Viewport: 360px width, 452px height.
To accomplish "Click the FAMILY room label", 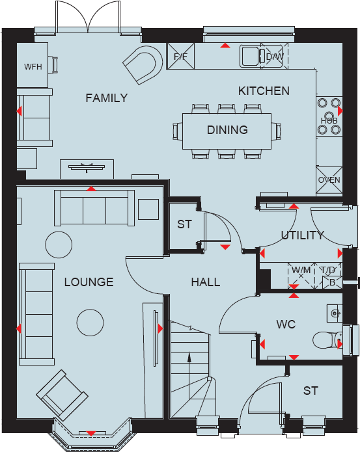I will (107, 98).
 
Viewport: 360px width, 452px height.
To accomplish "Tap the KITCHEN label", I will (264, 91).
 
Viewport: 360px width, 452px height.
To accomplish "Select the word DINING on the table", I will (227, 129).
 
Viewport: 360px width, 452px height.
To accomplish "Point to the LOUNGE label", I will (89, 282).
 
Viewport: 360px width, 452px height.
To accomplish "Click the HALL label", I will (205, 282).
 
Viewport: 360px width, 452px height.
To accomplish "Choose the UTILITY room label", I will (302, 235).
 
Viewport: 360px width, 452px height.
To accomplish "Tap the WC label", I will (286, 324).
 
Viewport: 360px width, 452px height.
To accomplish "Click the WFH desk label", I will (33, 67).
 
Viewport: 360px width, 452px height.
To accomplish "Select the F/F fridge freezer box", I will (180, 56).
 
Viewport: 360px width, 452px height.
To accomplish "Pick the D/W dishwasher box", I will (273, 57).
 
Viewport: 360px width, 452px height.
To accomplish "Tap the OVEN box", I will (329, 180).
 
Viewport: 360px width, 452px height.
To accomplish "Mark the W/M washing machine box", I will (301, 270).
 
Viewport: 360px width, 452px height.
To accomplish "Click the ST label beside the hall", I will (184, 225).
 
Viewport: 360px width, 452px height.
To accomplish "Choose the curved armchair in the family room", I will (142, 64).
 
